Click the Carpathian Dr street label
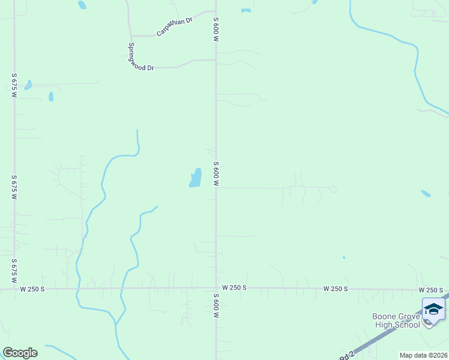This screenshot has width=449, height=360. click(x=174, y=27)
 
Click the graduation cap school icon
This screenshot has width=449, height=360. click(x=433, y=309)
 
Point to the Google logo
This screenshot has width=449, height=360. click(x=20, y=353)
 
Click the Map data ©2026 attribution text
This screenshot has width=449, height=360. click(x=423, y=355)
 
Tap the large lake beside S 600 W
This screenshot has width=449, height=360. click(x=196, y=178)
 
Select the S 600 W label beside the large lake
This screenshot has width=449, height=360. click(x=215, y=173)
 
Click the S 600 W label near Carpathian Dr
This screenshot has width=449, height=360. click(x=215, y=29)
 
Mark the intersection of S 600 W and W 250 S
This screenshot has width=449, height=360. click(x=216, y=288)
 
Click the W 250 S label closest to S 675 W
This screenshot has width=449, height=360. click(x=32, y=289)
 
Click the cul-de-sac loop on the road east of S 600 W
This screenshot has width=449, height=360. click(x=333, y=190)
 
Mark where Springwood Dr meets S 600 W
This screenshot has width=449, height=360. click(x=216, y=60)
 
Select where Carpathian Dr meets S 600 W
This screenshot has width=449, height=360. click(x=216, y=11)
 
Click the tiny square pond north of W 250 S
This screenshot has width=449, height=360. click(x=344, y=257)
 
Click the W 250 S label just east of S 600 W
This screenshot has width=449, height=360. click(x=234, y=288)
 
